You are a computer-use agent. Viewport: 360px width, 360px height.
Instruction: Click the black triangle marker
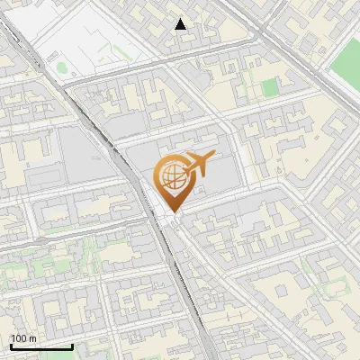(181, 24)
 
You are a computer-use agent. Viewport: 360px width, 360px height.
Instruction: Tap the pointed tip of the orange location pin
(170, 211)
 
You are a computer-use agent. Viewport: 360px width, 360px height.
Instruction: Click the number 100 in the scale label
(20, 338)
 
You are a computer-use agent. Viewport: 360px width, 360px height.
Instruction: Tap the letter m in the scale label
(32, 338)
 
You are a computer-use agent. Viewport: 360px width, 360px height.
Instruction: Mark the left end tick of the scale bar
(10, 346)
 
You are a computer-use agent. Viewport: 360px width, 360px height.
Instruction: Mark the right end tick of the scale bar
(72, 346)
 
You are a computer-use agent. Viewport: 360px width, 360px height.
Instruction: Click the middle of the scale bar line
(40, 346)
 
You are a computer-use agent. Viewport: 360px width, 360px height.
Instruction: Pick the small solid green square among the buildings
(270, 87)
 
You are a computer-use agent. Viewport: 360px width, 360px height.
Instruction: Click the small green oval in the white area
(61, 67)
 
